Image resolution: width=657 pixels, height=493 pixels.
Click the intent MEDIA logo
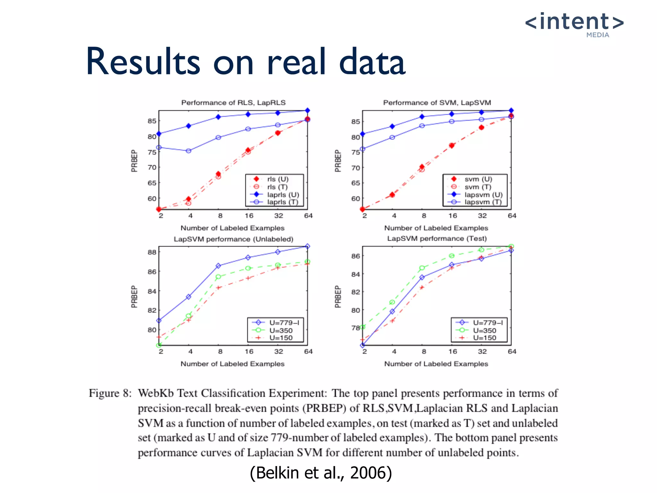click(574, 24)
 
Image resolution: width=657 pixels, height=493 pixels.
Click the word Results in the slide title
click(143, 62)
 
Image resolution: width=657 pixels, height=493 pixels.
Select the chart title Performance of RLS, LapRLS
click(233, 103)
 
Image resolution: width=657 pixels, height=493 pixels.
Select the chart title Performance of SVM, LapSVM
click(437, 103)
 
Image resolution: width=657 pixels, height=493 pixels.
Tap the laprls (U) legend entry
click(283, 195)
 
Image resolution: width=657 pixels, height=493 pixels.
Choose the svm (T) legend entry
click(477, 187)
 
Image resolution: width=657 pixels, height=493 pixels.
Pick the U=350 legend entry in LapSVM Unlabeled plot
click(281, 330)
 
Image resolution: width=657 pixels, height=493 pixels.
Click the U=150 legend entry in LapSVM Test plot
click(484, 338)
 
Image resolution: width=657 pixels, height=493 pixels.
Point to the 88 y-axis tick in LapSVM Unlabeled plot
click(152, 252)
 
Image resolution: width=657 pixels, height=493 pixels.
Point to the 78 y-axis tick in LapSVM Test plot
click(355, 328)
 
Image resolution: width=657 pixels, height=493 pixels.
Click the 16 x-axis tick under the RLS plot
click(249, 216)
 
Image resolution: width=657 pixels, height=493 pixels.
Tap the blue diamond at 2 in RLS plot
click(159, 134)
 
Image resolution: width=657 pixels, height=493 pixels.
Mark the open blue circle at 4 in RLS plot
click(189, 151)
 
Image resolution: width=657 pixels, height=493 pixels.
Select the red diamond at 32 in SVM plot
click(481, 127)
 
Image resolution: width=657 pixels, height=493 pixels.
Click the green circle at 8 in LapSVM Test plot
click(422, 268)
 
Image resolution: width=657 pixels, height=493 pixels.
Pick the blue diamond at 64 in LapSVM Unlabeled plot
click(307, 246)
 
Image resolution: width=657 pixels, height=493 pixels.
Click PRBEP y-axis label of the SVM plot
click(337, 160)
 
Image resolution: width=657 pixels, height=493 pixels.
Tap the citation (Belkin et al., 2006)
click(321, 473)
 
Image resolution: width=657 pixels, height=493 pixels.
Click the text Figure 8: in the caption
click(110, 393)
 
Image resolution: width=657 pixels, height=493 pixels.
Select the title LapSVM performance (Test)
click(437, 238)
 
